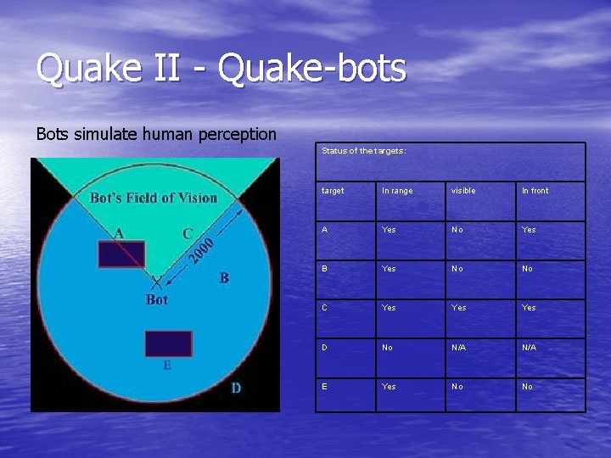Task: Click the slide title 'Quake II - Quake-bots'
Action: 221,69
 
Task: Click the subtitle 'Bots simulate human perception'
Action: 156,134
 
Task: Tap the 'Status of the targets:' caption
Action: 364,151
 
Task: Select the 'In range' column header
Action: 397,191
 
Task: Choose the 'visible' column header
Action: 463,191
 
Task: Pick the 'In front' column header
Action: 535,191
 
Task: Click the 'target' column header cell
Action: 333,191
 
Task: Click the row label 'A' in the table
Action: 325,230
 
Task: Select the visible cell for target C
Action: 458,308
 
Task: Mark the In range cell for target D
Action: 388,347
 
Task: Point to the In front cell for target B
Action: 527,269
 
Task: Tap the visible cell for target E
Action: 457,387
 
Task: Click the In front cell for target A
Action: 529,230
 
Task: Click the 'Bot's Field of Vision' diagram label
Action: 154,198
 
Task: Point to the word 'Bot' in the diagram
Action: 157,299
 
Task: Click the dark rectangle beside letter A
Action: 121,254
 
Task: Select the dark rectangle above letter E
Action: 168,343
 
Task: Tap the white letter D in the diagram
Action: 236,388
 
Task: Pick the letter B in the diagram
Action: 224,277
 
